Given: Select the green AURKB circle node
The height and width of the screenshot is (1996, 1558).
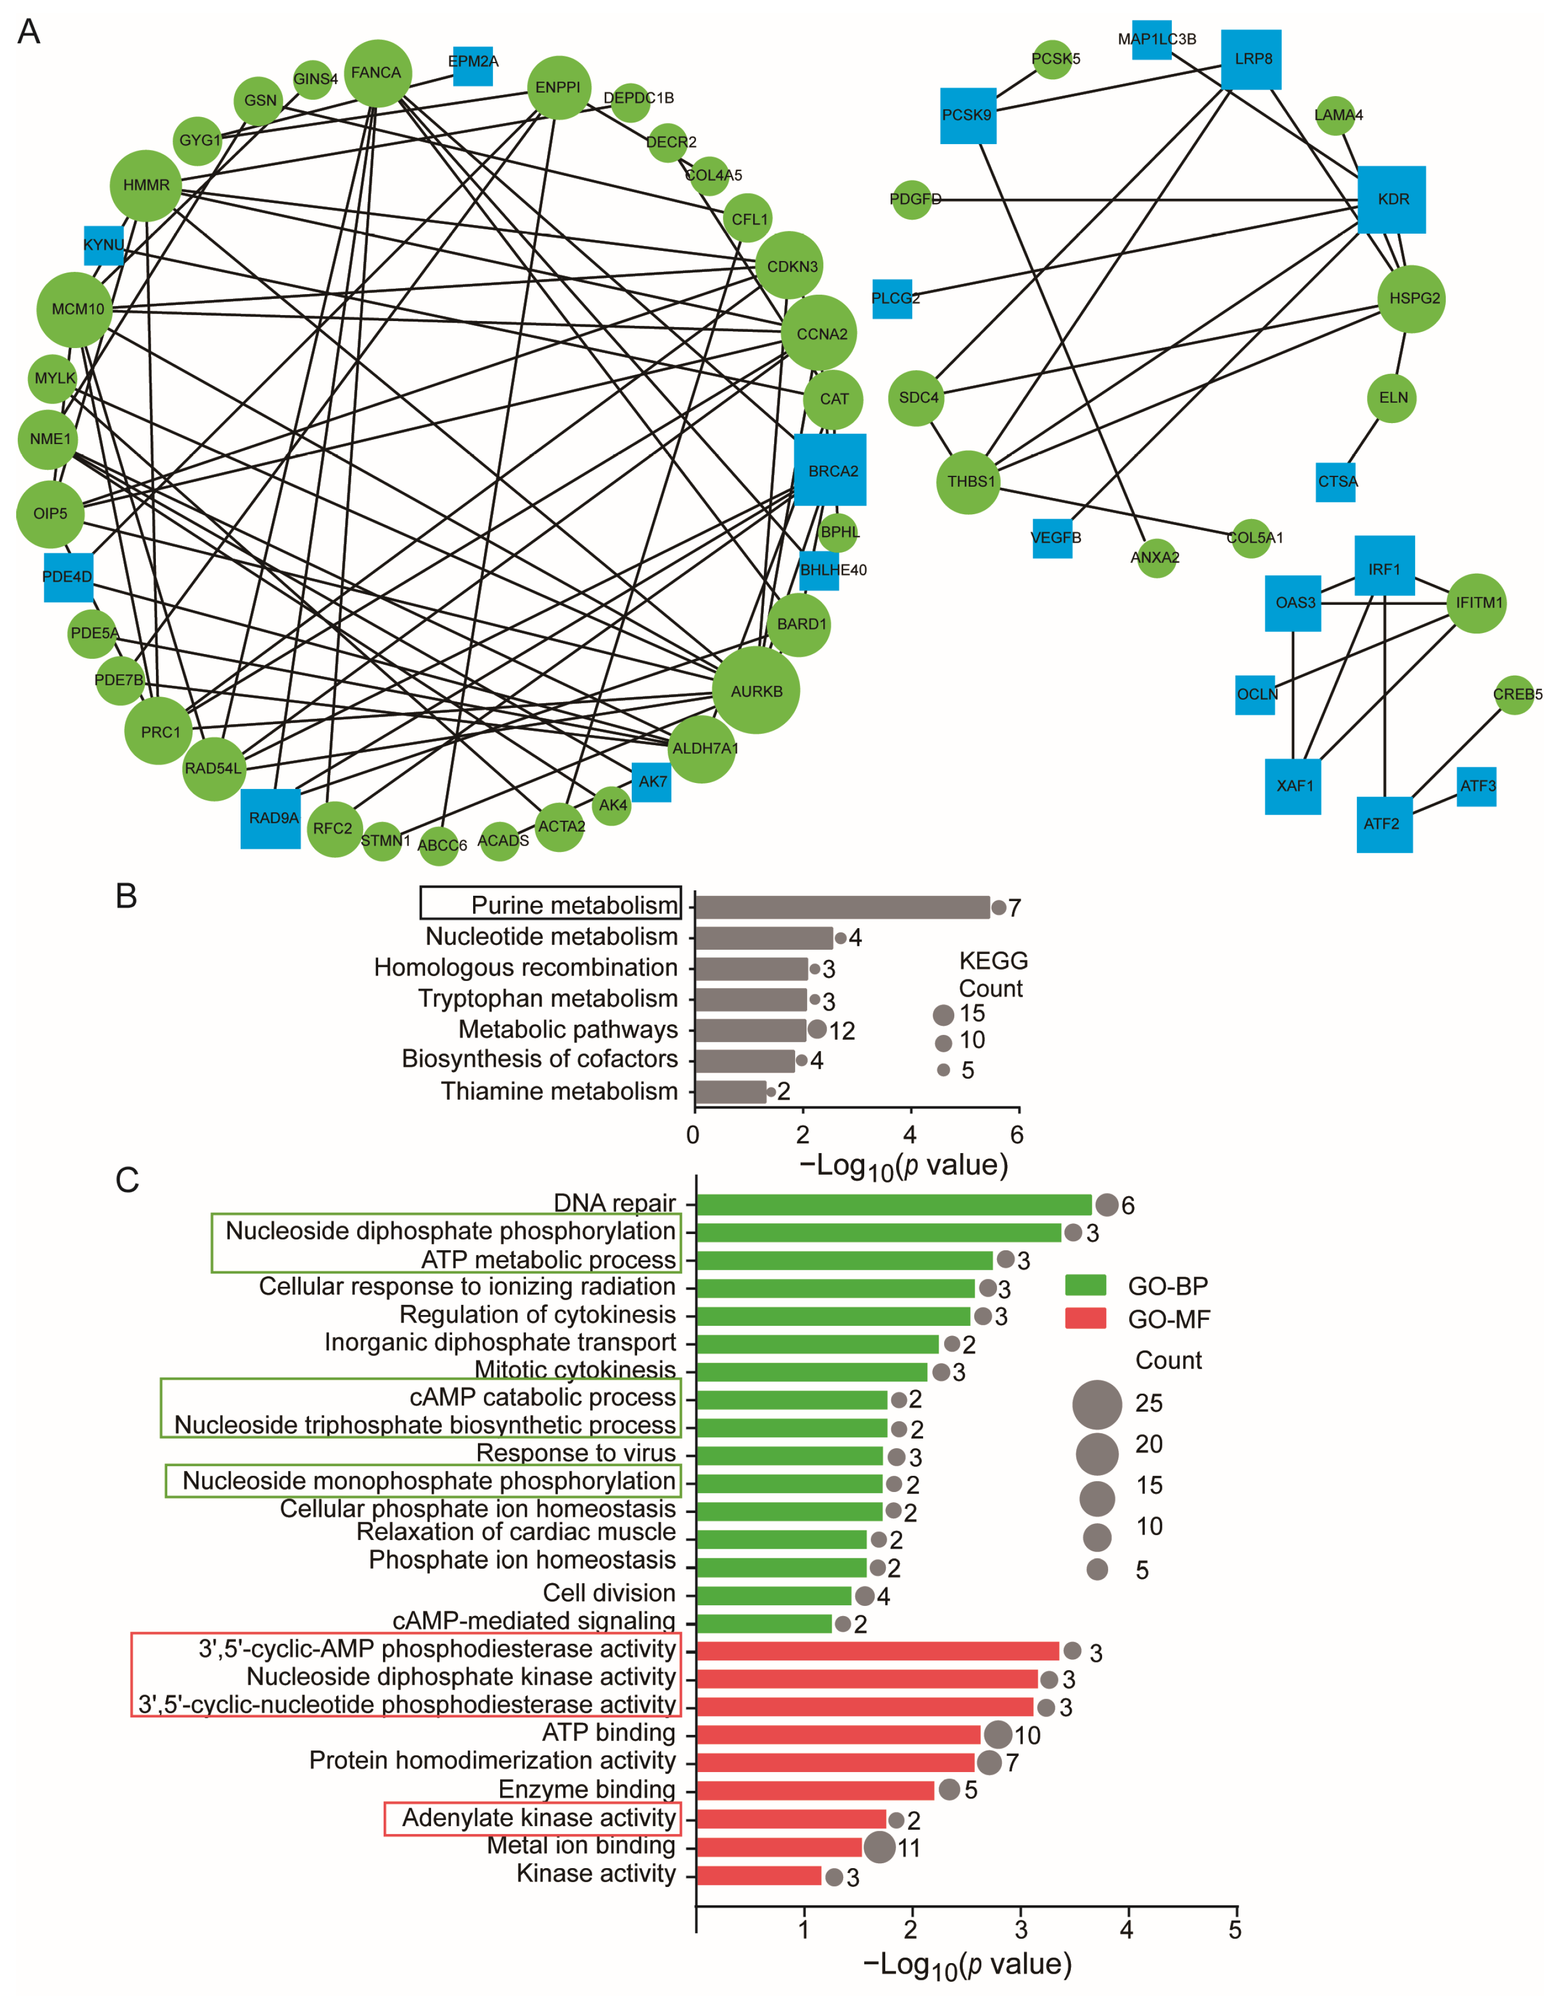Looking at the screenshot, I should point(756,690).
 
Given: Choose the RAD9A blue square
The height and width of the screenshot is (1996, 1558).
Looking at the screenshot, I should point(270,818).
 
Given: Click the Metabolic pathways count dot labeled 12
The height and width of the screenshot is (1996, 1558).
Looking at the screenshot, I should point(817,1030).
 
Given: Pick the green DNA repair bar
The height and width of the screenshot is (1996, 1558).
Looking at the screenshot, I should point(894,1204).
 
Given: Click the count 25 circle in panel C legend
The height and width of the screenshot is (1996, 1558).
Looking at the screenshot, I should point(1097,1404).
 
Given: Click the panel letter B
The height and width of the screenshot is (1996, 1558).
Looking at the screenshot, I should point(126,897).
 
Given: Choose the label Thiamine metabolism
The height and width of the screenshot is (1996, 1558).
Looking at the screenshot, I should point(559,1091).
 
